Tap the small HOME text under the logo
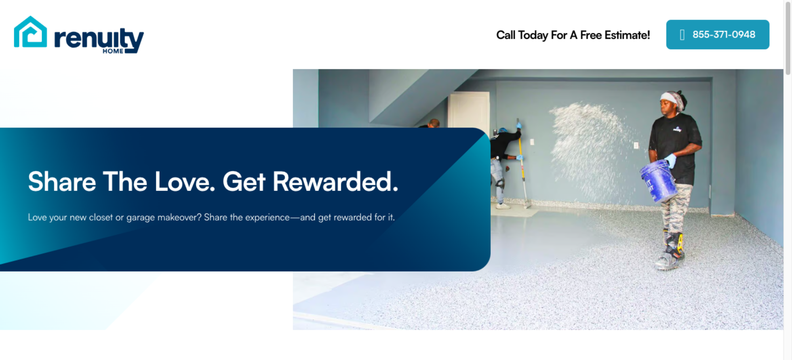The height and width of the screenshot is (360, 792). [x=113, y=51]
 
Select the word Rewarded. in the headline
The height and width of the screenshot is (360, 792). [x=335, y=182]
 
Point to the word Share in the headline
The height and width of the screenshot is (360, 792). [x=62, y=182]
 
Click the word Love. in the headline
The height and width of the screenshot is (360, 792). [x=185, y=182]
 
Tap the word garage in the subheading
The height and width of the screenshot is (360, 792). [x=141, y=218]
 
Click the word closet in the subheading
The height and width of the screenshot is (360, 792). [x=101, y=217]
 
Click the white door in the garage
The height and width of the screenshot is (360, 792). [x=469, y=110]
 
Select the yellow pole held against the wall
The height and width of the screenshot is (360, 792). [x=522, y=162]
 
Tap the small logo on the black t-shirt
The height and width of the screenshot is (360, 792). [x=677, y=129]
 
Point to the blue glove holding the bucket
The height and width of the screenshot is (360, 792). [x=670, y=160]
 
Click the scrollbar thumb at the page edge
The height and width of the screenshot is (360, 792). [x=788, y=38]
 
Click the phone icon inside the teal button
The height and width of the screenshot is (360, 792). [x=682, y=35]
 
